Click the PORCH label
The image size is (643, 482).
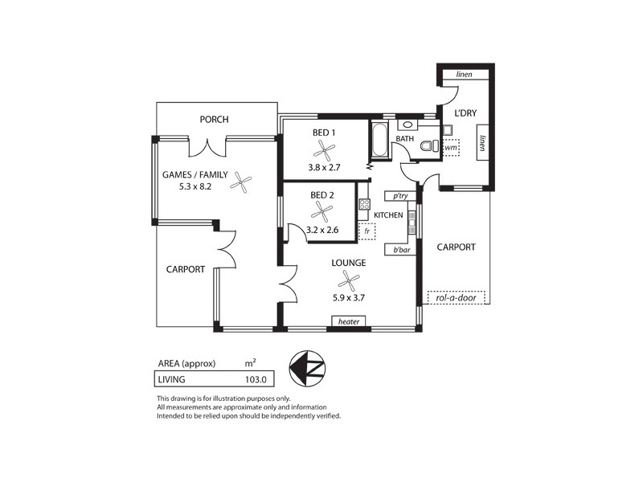[x=215, y=120]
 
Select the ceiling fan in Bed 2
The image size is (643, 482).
[x=321, y=212]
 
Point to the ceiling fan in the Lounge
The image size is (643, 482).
[x=349, y=280]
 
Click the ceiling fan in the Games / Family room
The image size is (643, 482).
[x=240, y=183]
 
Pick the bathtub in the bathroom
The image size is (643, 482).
[x=378, y=140]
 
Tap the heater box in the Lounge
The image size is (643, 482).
[x=348, y=321]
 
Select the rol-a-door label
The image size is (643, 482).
[x=457, y=298]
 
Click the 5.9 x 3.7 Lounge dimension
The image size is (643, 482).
[x=348, y=296]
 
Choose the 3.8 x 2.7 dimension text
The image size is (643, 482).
[x=325, y=168]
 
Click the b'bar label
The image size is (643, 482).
[x=400, y=250]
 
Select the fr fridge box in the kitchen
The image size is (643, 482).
[x=367, y=231]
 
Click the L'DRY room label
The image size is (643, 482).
[x=465, y=113]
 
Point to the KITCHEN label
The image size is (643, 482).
[x=388, y=215]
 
